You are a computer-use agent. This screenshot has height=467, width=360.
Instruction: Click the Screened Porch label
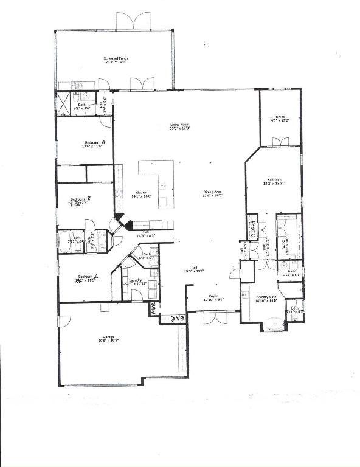pyautogui.click(x=116, y=59)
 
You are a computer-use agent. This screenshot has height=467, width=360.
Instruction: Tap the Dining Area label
pyautogui.click(x=214, y=193)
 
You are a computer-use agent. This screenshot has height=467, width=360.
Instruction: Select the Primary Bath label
pyautogui.click(x=266, y=297)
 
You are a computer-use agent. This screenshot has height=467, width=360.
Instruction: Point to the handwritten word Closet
pyautogui.click(x=252, y=226)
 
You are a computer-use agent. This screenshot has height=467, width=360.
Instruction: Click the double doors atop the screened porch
pyautogui.click(x=133, y=21)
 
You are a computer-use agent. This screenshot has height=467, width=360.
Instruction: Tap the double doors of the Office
pyautogui.click(x=280, y=142)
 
